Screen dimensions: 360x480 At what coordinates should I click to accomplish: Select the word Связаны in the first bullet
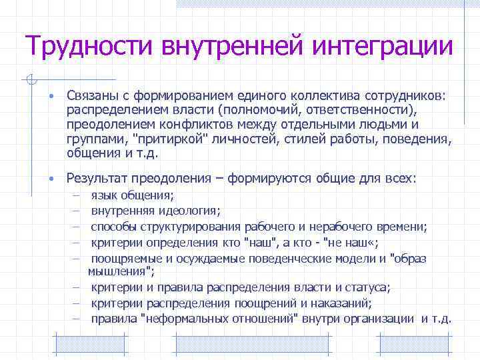coord(89,97)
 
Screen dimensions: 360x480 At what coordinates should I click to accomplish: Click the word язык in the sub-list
coord(104,196)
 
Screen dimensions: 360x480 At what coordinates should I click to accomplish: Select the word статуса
coord(371,287)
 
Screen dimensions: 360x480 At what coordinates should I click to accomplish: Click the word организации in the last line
coord(380,318)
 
